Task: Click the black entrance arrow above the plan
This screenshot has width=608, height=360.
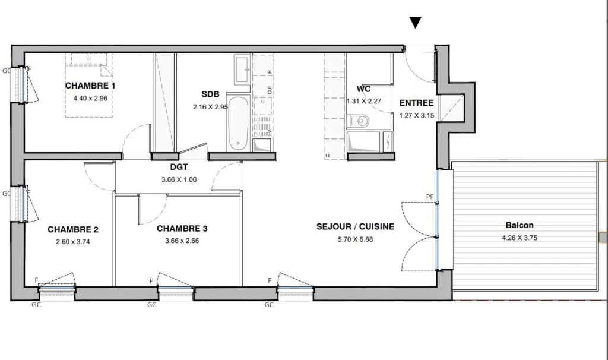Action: pyautogui.click(x=415, y=23)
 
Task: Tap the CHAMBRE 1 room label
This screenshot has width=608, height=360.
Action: pyautogui.click(x=90, y=86)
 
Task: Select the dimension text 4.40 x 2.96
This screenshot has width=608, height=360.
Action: pyautogui.click(x=90, y=98)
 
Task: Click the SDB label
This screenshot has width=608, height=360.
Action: pyautogui.click(x=210, y=94)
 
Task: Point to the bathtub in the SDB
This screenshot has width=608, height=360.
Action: pyautogui.click(x=237, y=123)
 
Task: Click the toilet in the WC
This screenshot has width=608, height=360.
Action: pyautogui.click(x=358, y=121)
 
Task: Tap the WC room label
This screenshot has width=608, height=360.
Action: pyautogui.click(x=363, y=89)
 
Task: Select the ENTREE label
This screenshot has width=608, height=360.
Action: pyautogui.click(x=416, y=103)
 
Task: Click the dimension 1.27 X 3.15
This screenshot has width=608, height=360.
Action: pyautogui.click(x=417, y=115)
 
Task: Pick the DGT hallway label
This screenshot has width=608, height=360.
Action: pyautogui.click(x=179, y=167)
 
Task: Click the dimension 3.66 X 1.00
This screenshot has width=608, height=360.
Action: pyautogui.click(x=179, y=179)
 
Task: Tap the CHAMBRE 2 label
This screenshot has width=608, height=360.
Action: pyautogui.click(x=73, y=230)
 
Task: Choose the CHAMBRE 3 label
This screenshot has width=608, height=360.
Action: pyautogui.click(x=182, y=229)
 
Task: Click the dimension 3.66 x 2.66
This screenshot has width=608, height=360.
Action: pyautogui.click(x=182, y=241)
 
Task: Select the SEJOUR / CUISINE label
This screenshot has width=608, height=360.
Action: pyautogui.click(x=355, y=226)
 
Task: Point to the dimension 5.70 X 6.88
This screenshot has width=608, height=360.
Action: pyautogui.click(x=355, y=239)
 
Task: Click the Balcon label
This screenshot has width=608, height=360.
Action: pyautogui.click(x=520, y=225)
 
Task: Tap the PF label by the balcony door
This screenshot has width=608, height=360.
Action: pyautogui.click(x=430, y=197)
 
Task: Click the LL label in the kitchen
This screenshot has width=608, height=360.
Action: pyautogui.click(x=328, y=156)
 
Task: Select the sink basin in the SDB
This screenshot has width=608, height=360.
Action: pyautogui.click(x=243, y=70)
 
